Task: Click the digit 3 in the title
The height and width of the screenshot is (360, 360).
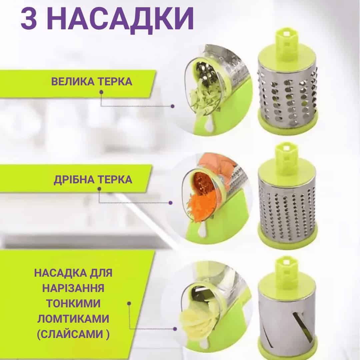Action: click(x=29, y=18)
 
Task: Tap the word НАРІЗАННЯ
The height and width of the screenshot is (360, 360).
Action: click(x=73, y=288)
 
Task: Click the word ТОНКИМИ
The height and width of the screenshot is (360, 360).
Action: click(x=73, y=303)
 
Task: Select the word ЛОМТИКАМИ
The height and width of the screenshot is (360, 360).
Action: click(x=73, y=319)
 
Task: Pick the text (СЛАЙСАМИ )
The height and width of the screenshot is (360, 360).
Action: click(x=73, y=334)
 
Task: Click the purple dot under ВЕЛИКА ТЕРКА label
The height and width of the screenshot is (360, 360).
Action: click(x=101, y=92)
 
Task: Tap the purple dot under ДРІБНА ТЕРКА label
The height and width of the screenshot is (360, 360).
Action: click(x=99, y=189)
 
